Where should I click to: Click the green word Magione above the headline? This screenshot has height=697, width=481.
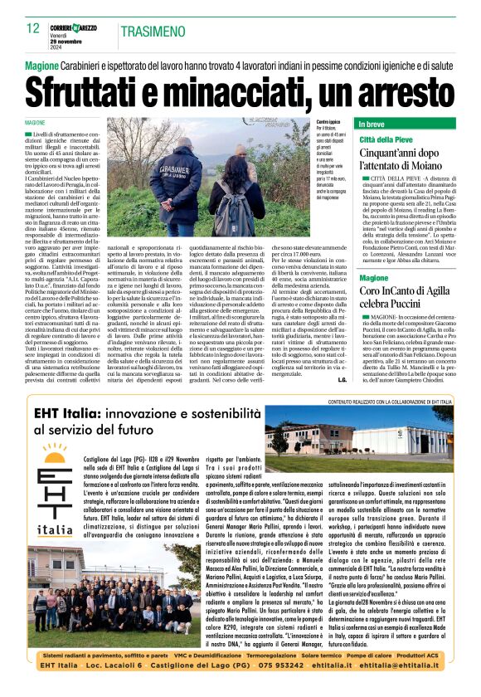[x=41, y=65]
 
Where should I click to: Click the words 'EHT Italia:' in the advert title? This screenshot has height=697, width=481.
[x=69, y=415]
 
